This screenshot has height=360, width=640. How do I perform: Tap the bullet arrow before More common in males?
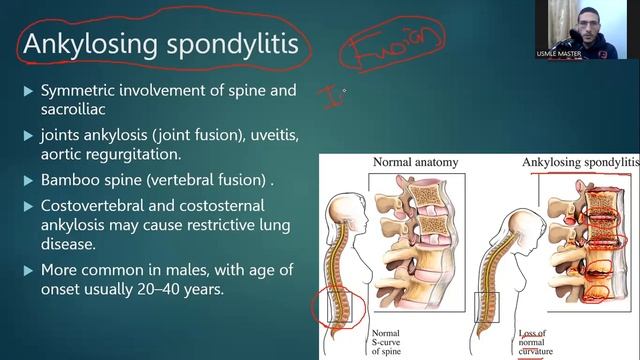[x=28, y=270]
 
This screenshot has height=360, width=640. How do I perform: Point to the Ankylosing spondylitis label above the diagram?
[x=579, y=161]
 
